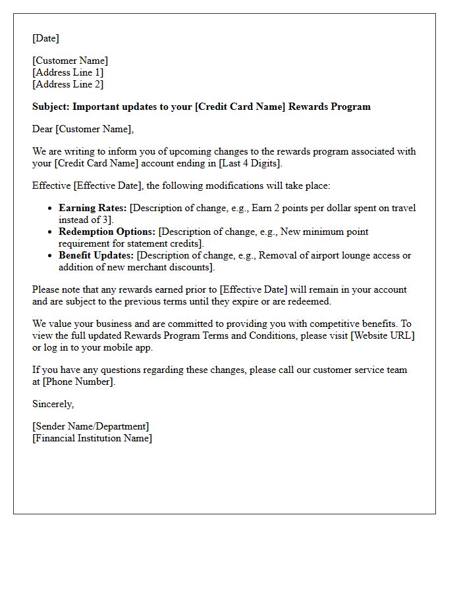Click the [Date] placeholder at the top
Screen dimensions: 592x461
tap(45, 38)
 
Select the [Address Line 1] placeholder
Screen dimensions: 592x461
tap(68, 72)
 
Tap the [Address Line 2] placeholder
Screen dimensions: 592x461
tap(68, 84)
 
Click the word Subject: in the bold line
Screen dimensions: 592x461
tap(51, 107)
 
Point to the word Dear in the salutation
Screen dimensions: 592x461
tap(43, 129)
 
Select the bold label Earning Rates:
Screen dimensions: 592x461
tap(92, 208)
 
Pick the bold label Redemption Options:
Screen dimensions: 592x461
tap(107, 232)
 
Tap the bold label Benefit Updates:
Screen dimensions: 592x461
tap(96, 255)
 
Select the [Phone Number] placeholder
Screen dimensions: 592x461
tap(79, 382)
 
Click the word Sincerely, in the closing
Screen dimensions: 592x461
tap(53, 404)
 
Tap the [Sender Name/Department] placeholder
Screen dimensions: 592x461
tap(91, 426)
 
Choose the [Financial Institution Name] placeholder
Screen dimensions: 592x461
tap(92, 438)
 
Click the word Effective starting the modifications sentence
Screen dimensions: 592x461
tap(52, 185)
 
